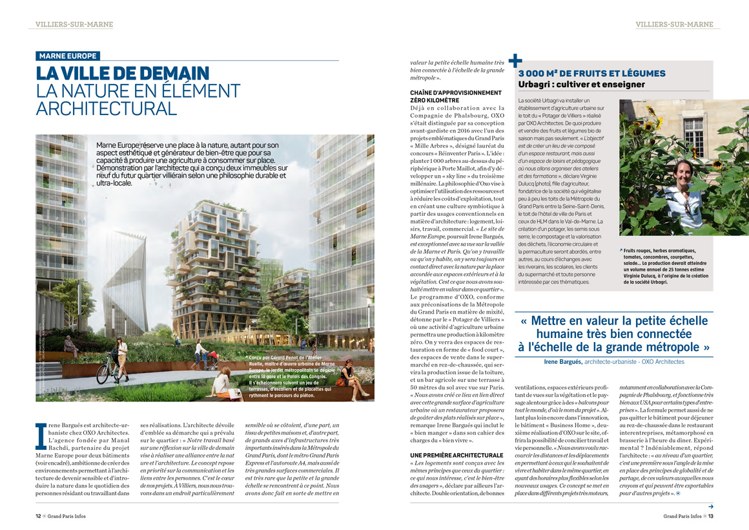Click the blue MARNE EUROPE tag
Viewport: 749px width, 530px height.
[x=67, y=56]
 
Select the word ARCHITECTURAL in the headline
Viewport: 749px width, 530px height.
[x=106, y=108]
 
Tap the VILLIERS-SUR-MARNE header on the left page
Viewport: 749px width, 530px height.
[x=74, y=25]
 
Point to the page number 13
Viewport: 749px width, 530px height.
[x=710, y=516]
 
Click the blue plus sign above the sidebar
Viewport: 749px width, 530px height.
[x=515, y=61]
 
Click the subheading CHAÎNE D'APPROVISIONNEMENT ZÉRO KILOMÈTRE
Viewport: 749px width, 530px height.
[x=455, y=96]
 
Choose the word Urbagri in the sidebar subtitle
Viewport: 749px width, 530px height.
[x=537, y=85]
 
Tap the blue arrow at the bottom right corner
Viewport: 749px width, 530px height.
[x=711, y=506]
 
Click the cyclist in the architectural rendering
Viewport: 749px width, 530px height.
[x=119, y=355]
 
